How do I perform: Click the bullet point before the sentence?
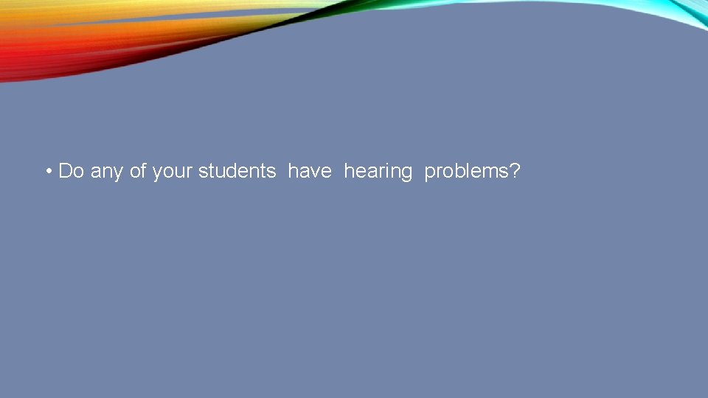47,172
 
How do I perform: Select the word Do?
72,171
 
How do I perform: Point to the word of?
138,171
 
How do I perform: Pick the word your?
173,172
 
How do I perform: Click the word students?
237,171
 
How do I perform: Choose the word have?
310,171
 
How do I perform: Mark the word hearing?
378,172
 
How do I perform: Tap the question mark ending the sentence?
515,171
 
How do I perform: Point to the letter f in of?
144,170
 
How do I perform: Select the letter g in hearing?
407,174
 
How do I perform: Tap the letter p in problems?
430,174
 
